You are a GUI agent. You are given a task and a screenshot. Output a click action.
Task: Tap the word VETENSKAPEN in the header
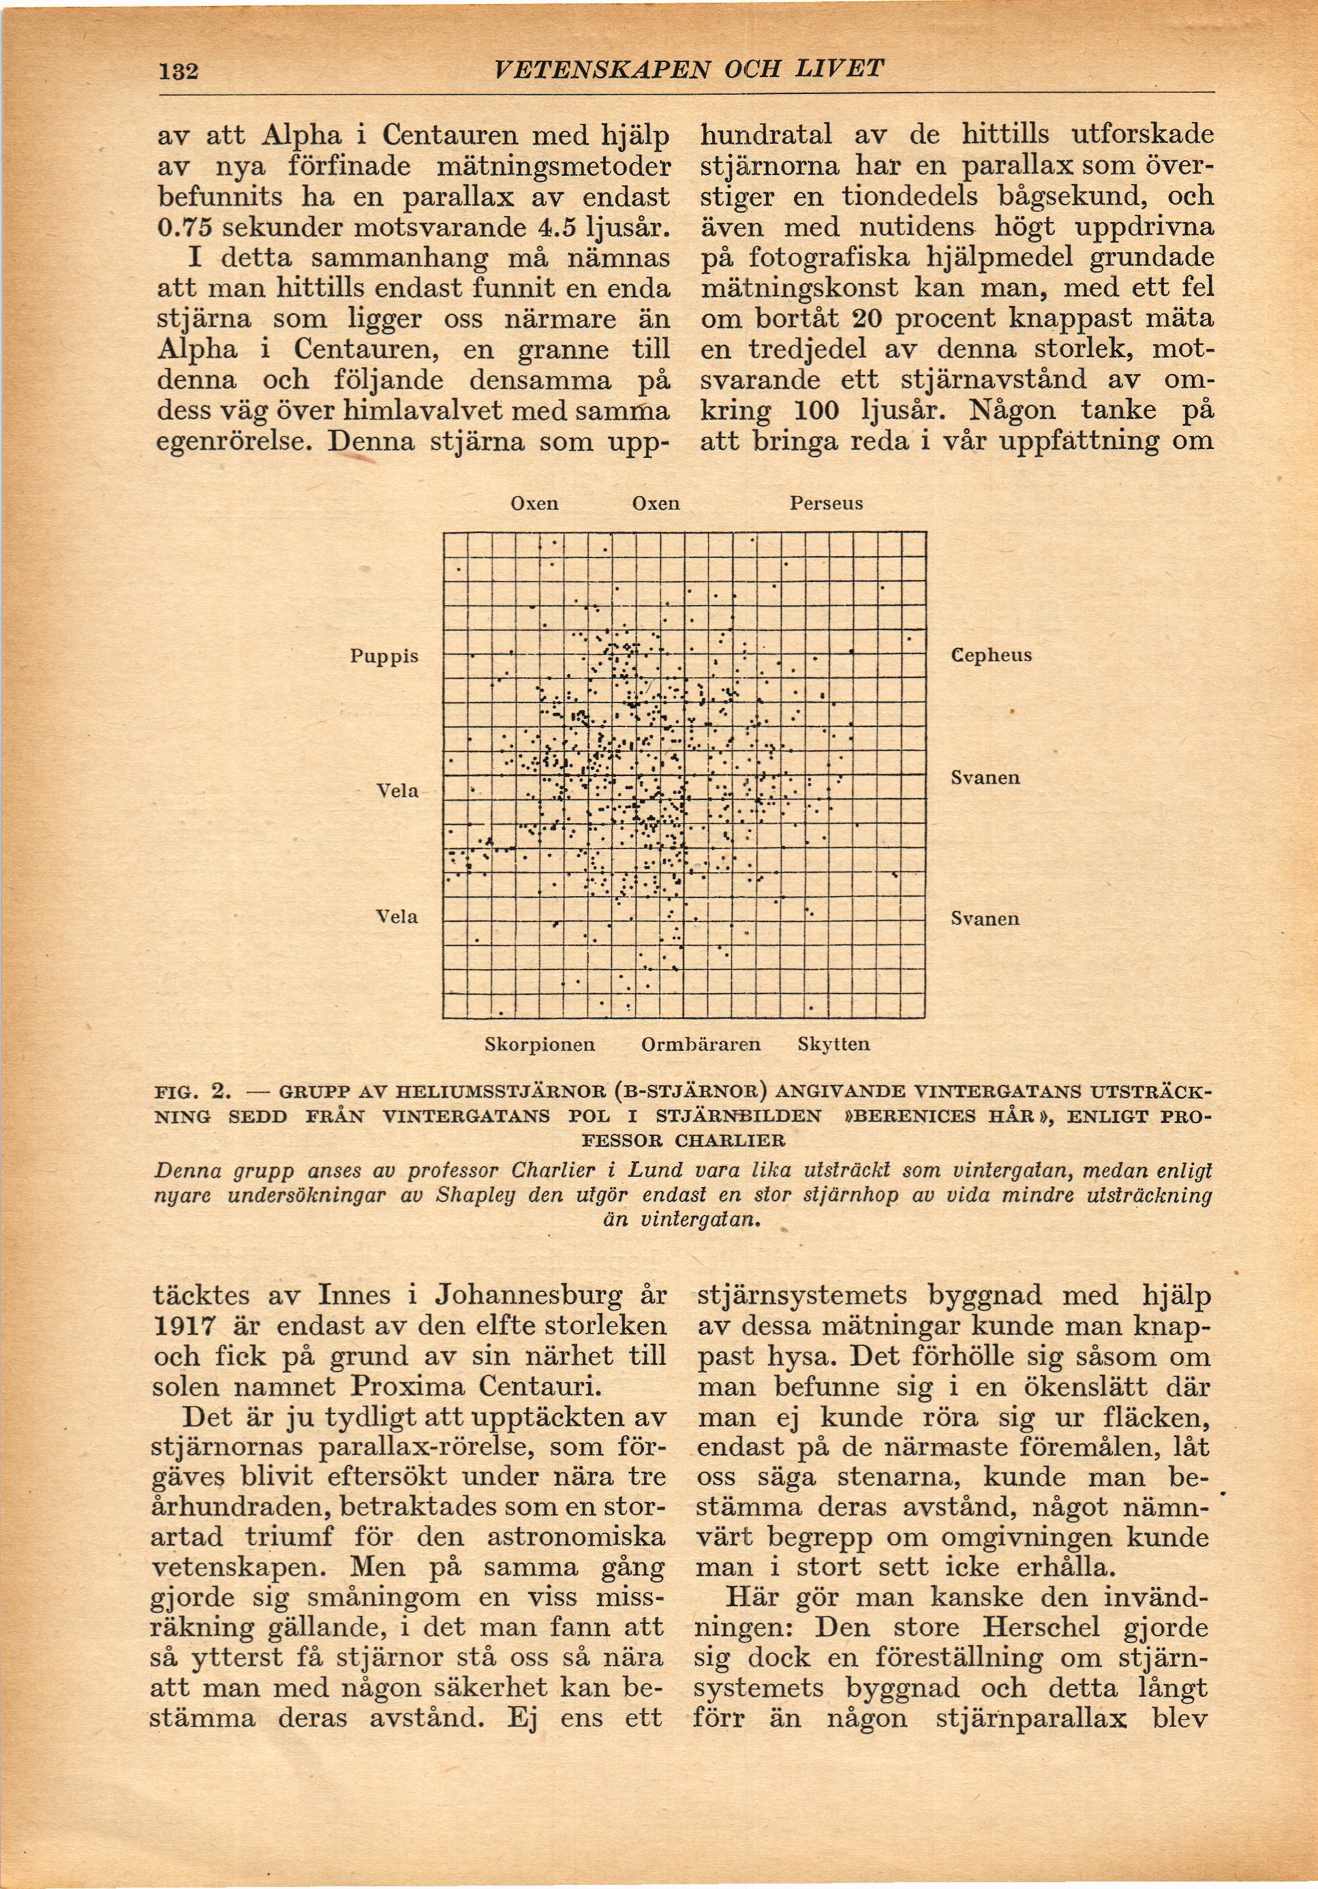[x=601, y=69]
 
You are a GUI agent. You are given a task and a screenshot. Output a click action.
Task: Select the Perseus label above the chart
[x=826, y=504]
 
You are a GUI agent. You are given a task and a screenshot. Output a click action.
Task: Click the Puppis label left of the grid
[x=384, y=656]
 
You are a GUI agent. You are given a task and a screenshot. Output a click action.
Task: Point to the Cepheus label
[x=992, y=656]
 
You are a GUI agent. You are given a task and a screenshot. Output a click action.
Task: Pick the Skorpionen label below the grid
[x=540, y=1045]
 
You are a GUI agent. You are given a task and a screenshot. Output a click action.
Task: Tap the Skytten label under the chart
[x=833, y=1045]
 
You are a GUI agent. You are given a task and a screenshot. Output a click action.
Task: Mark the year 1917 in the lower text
[x=185, y=1326]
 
